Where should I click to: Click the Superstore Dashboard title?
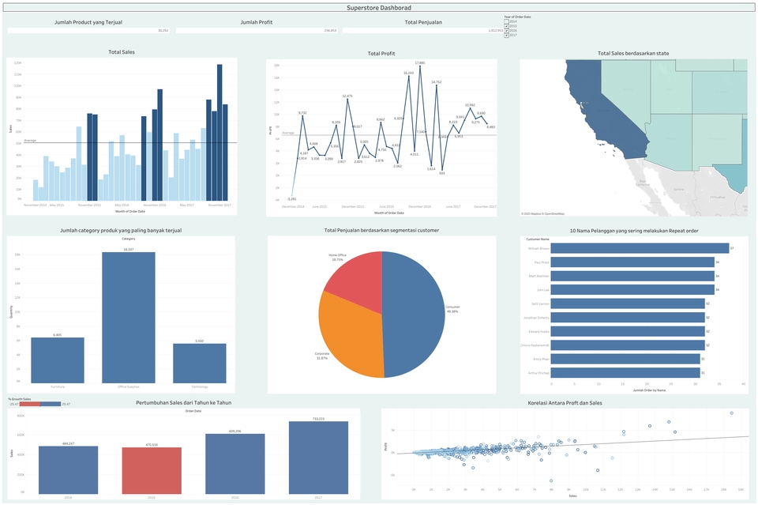coord(379,7)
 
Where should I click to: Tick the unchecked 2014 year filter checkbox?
coord(506,21)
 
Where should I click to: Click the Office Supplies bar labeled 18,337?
coord(128,316)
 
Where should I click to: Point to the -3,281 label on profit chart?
coord(292,199)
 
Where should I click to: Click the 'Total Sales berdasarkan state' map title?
coord(633,54)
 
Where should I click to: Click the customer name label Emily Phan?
coord(538,359)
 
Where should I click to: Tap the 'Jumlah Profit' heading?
coord(257,22)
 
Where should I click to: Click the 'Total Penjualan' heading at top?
coord(423,22)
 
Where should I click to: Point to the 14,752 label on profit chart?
coord(436,81)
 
